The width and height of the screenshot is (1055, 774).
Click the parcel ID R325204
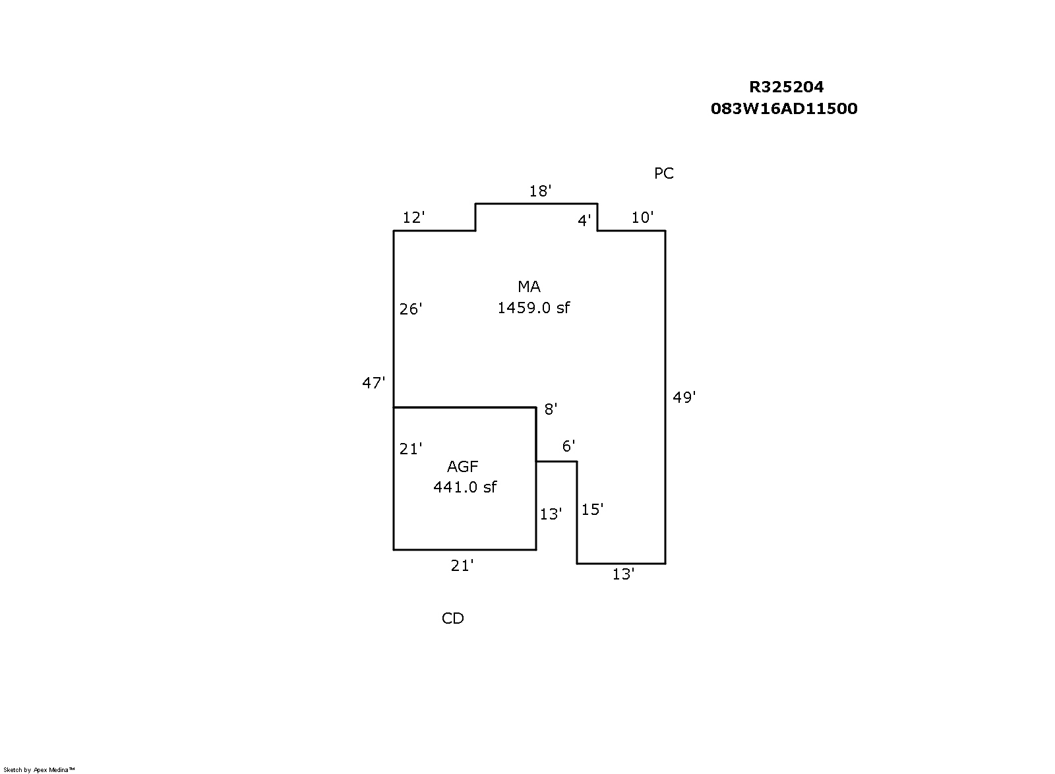[x=786, y=87]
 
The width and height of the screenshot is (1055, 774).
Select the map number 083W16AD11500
[x=784, y=109]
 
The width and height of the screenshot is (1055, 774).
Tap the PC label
[x=663, y=173]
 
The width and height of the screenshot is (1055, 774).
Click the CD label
[x=452, y=618]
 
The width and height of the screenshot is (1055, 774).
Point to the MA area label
[x=529, y=286]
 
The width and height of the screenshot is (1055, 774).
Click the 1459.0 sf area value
[x=533, y=308]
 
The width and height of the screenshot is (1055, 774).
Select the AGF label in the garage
[x=462, y=467]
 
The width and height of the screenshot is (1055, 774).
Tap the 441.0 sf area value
[x=465, y=487]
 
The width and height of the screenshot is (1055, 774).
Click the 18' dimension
[x=540, y=191]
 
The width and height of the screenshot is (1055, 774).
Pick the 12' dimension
[x=413, y=218]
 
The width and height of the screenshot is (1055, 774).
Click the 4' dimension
[x=584, y=220]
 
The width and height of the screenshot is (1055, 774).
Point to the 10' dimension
[x=642, y=218]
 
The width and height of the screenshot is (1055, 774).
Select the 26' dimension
[x=411, y=309]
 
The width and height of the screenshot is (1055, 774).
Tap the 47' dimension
[x=373, y=383]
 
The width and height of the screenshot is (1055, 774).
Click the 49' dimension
[x=684, y=398]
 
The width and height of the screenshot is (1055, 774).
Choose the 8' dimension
[x=551, y=409]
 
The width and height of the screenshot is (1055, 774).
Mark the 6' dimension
[x=568, y=446]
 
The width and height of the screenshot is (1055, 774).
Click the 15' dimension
[x=592, y=510]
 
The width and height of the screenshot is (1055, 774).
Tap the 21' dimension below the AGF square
[x=462, y=566]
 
